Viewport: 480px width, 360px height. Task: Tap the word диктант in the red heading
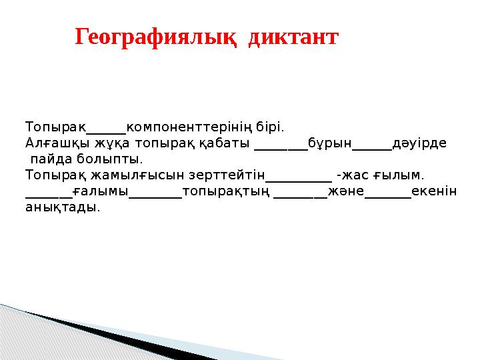293,37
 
